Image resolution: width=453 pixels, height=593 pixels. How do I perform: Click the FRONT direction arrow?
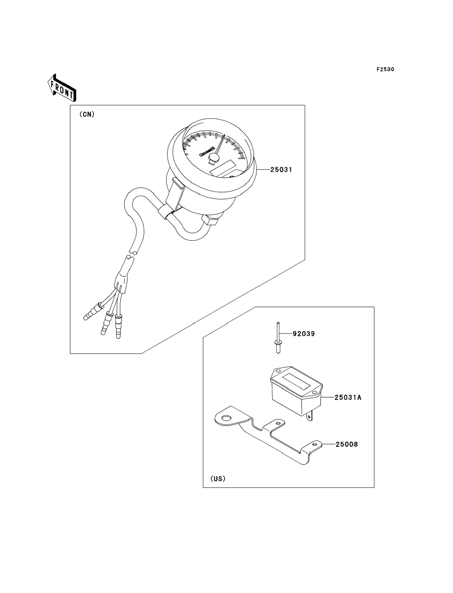[x=62, y=88]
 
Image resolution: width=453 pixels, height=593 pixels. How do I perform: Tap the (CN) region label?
[x=87, y=114]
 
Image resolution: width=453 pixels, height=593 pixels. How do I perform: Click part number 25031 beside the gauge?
[x=281, y=169]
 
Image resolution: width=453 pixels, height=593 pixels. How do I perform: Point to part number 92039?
[x=304, y=334]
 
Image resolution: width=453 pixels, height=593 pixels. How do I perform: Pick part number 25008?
[x=347, y=444]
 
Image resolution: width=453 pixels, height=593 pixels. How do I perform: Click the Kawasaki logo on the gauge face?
[x=207, y=151]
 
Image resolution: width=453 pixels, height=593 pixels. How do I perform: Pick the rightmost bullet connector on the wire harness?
[x=118, y=326]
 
